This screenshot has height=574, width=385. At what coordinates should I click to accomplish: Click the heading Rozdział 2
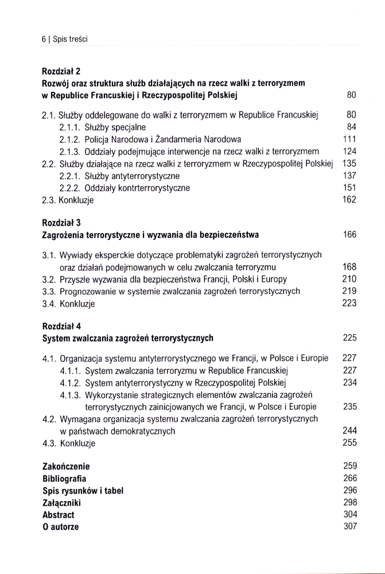(x=61, y=71)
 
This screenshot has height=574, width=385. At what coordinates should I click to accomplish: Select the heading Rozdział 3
(x=61, y=222)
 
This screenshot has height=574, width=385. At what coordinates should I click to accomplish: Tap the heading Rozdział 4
(x=61, y=325)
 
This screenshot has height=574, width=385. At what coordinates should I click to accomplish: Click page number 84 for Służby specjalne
(x=352, y=127)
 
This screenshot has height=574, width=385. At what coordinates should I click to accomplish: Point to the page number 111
(x=349, y=139)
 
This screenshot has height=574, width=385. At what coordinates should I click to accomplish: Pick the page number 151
(x=349, y=188)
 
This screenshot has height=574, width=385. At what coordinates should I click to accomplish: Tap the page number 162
(x=349, y=200)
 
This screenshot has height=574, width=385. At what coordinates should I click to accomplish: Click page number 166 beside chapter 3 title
(x=349, y=234)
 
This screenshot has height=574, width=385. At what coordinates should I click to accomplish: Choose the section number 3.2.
(x=49, y=279)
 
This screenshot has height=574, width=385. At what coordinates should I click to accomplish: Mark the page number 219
(x=349, y=291)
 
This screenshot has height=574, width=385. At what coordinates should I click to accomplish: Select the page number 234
(x=349, y=382)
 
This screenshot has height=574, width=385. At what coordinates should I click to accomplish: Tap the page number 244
(x=349, y=430)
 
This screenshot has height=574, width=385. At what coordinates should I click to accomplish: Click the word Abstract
(x=58, y=514)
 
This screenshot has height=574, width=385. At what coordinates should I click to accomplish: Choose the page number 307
(x=349, y=526)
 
